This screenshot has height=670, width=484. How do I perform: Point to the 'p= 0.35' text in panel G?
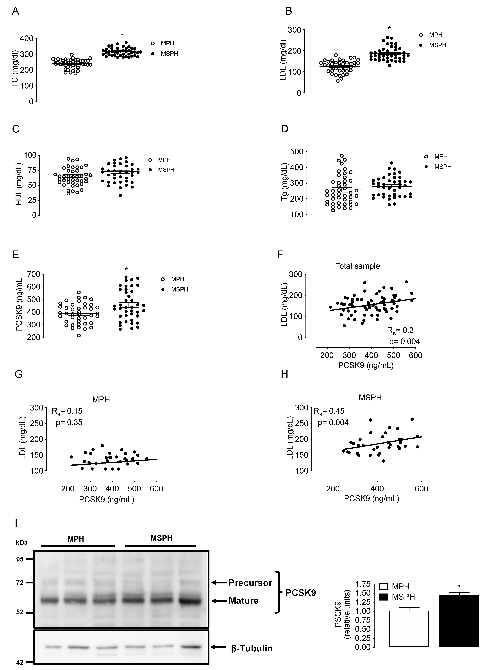69,422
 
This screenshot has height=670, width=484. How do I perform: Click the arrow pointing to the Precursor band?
219,583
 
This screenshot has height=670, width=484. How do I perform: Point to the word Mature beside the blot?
243,601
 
